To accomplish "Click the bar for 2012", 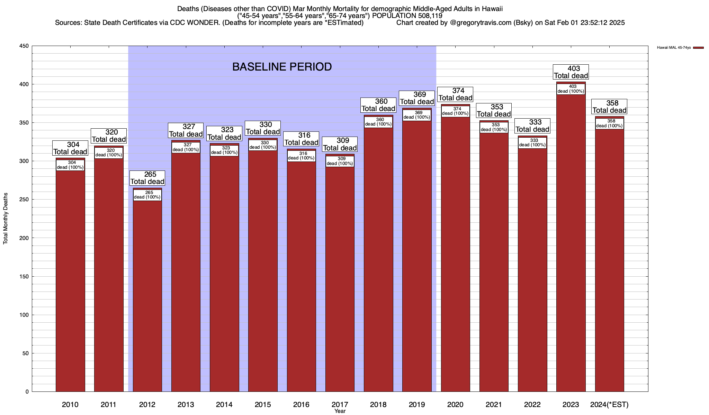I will click(147, 294).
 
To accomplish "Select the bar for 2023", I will click(571, 242).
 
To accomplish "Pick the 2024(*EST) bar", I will click(609, 259).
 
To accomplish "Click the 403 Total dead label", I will click(571, 72).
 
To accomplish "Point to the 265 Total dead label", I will click(147, 178).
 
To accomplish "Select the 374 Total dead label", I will click(455, 94).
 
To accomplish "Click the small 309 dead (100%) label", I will click(340, 161).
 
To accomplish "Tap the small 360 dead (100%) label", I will click(378, 122).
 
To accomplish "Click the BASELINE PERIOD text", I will click(282, 67).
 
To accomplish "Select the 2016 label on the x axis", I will click(301, 405).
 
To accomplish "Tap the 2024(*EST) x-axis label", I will click(609, 405).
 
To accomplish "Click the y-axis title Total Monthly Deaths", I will click(6, 219).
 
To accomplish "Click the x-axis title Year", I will click(340, 411).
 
